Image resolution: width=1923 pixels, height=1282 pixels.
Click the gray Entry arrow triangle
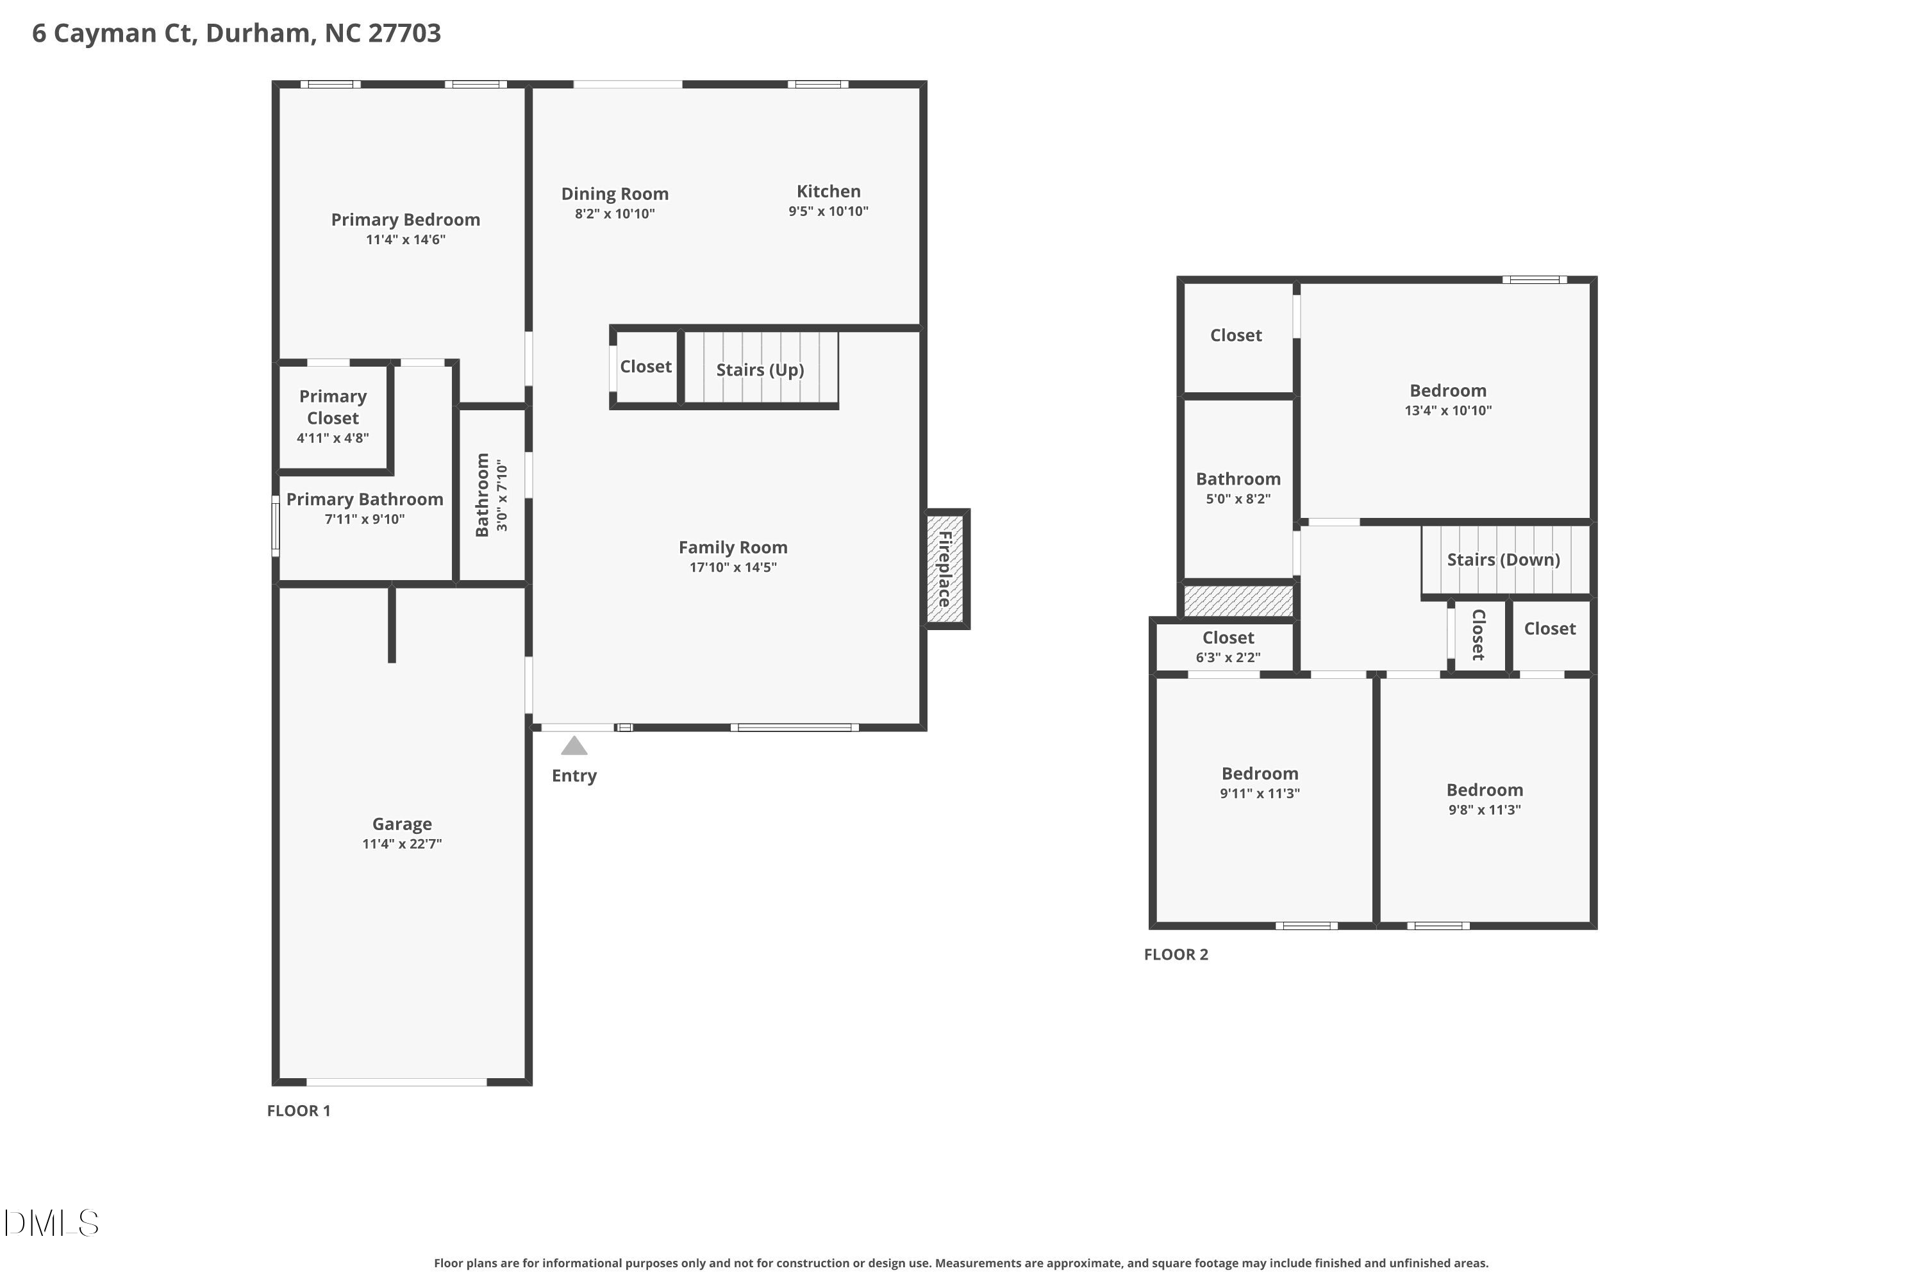574,745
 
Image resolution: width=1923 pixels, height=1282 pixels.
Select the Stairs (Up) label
760,370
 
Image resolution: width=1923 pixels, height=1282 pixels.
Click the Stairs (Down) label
1503,559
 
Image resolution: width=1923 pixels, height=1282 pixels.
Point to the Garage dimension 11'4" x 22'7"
401,844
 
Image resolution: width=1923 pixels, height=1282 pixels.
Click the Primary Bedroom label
404,219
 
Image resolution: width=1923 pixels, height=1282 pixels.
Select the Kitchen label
828,191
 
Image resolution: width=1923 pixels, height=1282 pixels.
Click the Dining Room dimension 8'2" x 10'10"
614,214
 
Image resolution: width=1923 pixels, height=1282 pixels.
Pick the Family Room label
733,547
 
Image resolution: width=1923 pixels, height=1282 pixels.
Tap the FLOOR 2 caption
1175,954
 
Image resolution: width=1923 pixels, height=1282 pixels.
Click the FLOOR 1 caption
299,1110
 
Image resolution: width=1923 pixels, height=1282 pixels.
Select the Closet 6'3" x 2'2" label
1228,647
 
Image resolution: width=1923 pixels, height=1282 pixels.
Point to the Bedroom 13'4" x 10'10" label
1447,399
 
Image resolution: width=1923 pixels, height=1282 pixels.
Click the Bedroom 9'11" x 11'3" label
1259,781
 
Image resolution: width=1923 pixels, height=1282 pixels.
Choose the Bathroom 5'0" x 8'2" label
1238,487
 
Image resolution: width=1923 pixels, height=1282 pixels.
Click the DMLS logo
51,1223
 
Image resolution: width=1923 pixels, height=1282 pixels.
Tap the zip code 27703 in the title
404,33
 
